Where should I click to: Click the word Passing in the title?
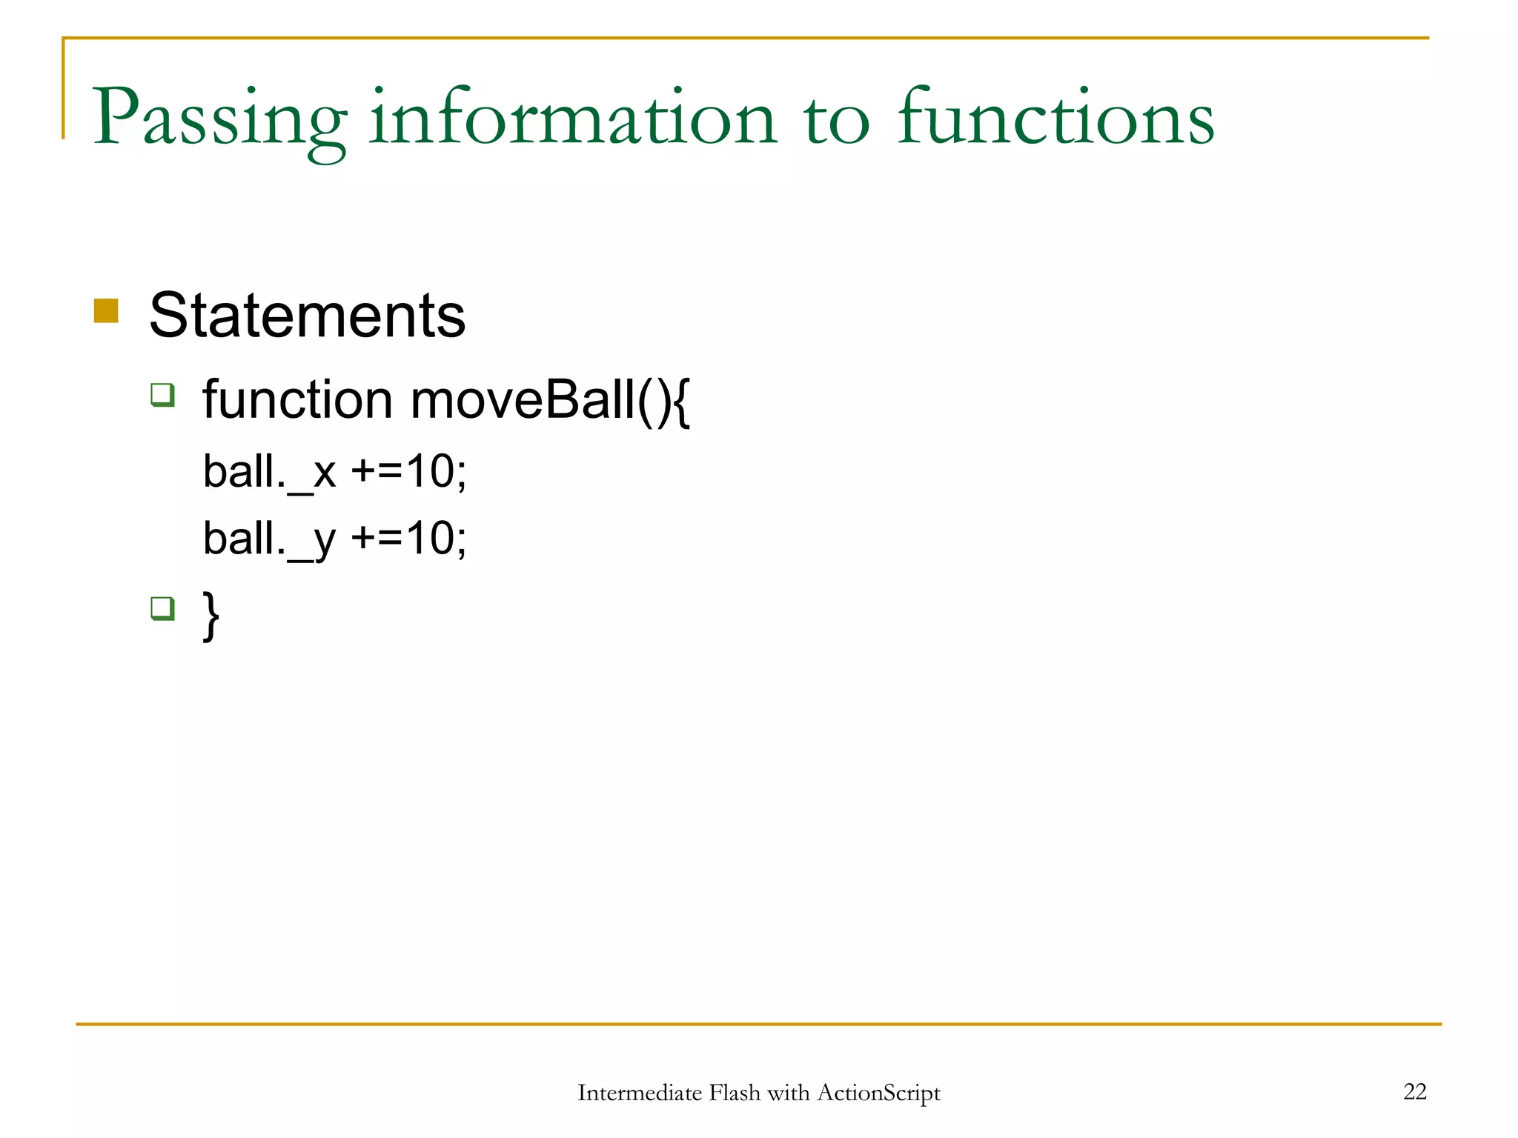click(x=219, y=119)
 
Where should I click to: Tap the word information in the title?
click(x=573, y=119)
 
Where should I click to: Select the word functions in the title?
click(x=1055, y=119)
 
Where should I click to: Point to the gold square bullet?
click(x=106, y=311)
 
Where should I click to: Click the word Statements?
click(x=307, y=316)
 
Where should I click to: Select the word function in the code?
click(x=297, y=400)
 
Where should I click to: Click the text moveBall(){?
click(x=550, y=400)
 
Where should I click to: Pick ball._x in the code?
click(x=269, y=472)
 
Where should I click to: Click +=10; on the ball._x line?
click(x=408, y=472)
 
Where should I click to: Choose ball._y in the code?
click(x=269, y=539)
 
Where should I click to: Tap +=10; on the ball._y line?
click(x=408, y=539)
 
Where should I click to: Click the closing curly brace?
click(x=211, y=615)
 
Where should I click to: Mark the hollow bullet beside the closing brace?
click(x=162, y=608)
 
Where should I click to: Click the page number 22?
click(x=1414, y=1091)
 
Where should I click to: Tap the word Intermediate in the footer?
click(x=639, y=1093)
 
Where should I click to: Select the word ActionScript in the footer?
click(x=878, y=1093)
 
